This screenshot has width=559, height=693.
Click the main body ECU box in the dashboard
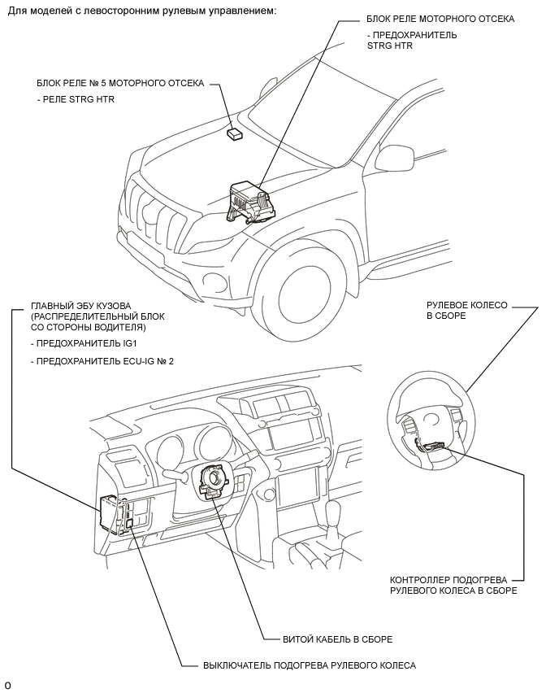tap(110, 512)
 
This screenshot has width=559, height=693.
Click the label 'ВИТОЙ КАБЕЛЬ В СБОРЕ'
tap(337, 639)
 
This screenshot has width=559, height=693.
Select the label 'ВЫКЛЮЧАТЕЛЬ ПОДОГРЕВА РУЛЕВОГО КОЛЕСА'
tap(309, 665)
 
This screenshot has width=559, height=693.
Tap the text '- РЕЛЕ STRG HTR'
tap(76, 99)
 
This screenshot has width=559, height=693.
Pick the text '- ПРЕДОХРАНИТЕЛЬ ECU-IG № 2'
tap(102, 361)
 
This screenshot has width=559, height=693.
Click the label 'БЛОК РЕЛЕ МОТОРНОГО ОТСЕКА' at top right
tap(440, 19)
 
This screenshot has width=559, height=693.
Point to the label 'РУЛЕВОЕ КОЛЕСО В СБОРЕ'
tap(466, 310)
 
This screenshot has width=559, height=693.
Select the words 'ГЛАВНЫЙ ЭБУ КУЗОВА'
tap(80, 306)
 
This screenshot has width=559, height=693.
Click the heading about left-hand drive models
tap(142, 10)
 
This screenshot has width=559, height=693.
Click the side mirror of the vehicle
tap(395, 157)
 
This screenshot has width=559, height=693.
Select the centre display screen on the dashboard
tap(293, 430)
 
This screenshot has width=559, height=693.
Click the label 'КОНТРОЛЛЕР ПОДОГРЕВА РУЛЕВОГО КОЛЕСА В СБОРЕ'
tap(453, 585)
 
